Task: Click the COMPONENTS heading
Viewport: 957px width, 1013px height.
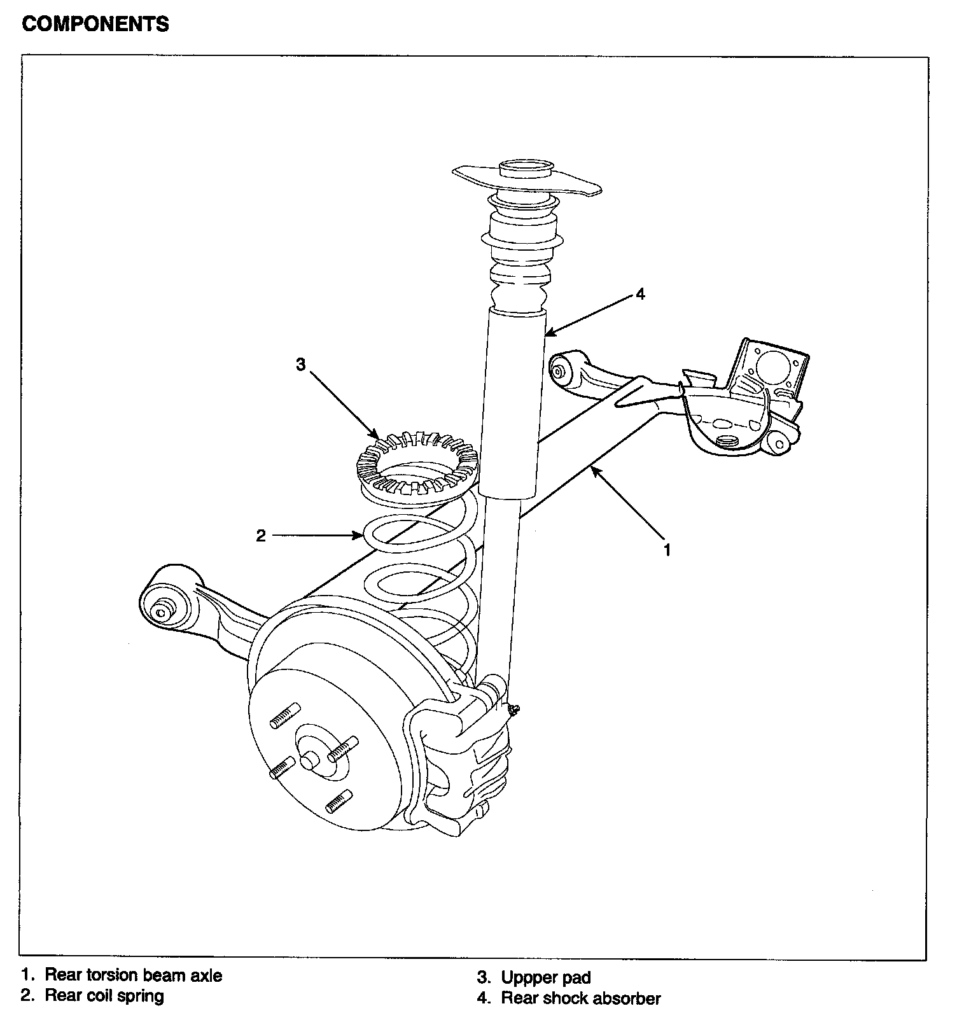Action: [x=95, y=24]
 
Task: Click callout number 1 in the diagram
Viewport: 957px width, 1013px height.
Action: [x=667, y=550]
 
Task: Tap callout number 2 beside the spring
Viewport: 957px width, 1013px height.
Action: [x=261, y=536]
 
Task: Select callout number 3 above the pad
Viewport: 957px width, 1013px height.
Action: [x=300, y=365]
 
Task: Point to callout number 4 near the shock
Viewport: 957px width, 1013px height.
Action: [x=641, y=294]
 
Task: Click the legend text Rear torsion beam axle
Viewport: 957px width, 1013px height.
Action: [x=134, y=975]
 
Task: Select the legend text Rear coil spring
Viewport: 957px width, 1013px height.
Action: [x=104, y=996]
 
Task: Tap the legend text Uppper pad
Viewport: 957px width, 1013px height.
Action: [x=546, y=977]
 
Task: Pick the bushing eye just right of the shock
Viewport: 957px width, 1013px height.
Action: [x=559, y=370]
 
